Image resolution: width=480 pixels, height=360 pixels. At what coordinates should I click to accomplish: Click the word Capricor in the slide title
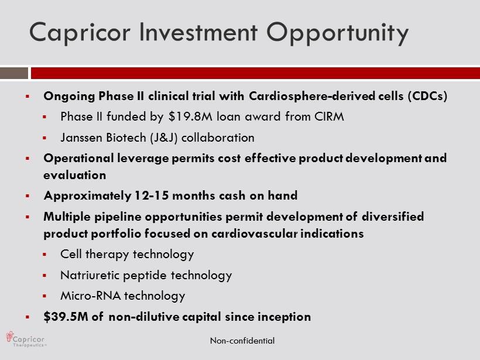tap(80, 33)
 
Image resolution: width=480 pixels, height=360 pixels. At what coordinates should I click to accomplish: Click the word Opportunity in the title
tap(337, 33)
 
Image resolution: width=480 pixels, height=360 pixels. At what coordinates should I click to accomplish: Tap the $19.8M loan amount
tap(190, 116)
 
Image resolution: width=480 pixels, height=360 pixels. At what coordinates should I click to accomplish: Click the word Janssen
tap(81, 138)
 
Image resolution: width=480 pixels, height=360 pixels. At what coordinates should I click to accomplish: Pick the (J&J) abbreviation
tap(164, 138)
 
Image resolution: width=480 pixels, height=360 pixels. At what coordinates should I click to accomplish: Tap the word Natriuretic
tap(90, 275)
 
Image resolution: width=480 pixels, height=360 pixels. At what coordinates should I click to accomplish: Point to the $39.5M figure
tap(66, 317)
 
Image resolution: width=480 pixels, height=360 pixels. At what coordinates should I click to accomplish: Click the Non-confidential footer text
tap(242, 341)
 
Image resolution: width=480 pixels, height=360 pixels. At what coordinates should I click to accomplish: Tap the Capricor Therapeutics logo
tap(26, 339)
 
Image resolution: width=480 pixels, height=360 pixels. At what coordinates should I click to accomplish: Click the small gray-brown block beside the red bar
tap(14, 73)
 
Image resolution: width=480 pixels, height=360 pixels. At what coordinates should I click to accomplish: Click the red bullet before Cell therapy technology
tap(44, 254)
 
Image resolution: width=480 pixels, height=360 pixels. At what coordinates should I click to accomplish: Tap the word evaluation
tap(75, 175)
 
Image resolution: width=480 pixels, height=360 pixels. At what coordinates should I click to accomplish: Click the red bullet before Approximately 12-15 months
tap(28, 196)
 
